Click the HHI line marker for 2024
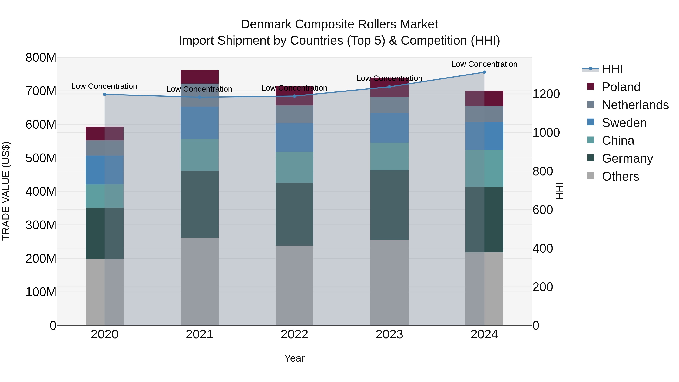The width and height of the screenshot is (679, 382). click(x=484, y=72)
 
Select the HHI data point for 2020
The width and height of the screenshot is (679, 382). click(x=105, y=94)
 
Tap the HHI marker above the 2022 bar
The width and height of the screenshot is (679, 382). click(x=294, y=96)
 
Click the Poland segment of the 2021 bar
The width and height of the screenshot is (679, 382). click(x=200, y=77)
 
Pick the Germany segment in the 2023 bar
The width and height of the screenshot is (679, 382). click(x=389, y=205)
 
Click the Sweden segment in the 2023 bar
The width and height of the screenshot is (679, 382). click(x=389, y=128)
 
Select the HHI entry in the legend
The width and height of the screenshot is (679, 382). click(x=612, y=69)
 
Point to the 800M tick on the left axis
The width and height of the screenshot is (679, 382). click(x=41, y=58)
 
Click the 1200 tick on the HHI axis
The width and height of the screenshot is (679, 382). click(x=546, y=94)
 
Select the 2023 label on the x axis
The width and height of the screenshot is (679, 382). click(x=389, y=334)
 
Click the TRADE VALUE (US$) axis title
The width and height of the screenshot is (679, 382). click(x=6, y=191)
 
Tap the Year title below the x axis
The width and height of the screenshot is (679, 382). click(x=294, y=358)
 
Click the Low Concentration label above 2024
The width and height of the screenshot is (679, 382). click(x=484, y=64)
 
